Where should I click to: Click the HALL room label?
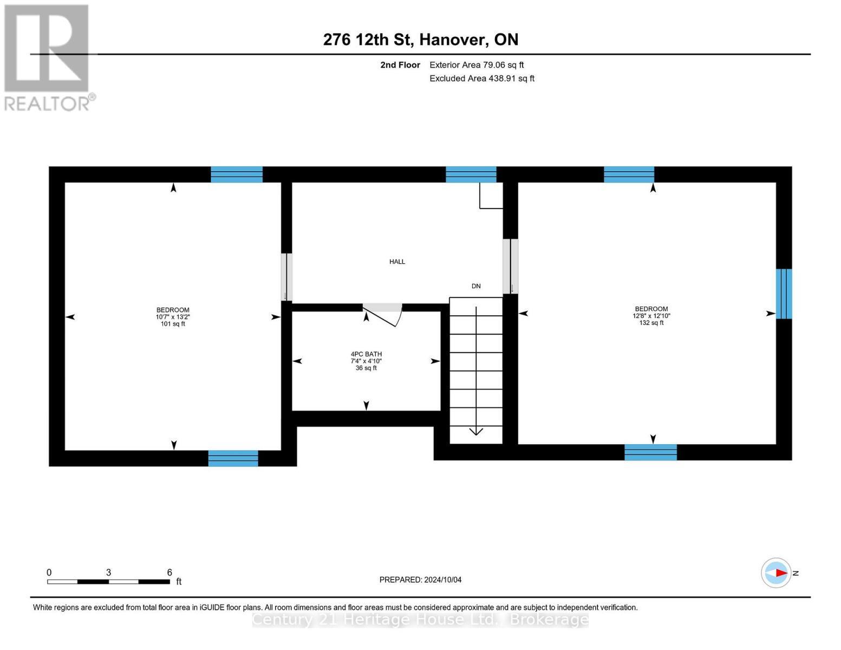[397, 262]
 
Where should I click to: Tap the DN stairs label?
[476, 286]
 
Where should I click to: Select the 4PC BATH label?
[366, 354]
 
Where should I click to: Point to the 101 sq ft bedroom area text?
[173, 324]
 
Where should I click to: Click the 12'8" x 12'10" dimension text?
[651, 316]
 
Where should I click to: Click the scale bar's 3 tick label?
[109, 573]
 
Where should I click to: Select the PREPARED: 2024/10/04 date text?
[420, 580]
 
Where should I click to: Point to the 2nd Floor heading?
[400, 65]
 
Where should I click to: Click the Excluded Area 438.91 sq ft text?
[481, 79]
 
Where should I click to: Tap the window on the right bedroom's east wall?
[784, 294]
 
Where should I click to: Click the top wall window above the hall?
[471, 174]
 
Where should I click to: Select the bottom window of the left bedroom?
[233, 458]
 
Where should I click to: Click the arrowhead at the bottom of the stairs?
[476, 431]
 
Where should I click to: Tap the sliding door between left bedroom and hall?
[286, 277]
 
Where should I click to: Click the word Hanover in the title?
[454, 40]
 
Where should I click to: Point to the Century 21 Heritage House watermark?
[420, 620]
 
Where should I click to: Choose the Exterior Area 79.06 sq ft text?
[477, 65]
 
